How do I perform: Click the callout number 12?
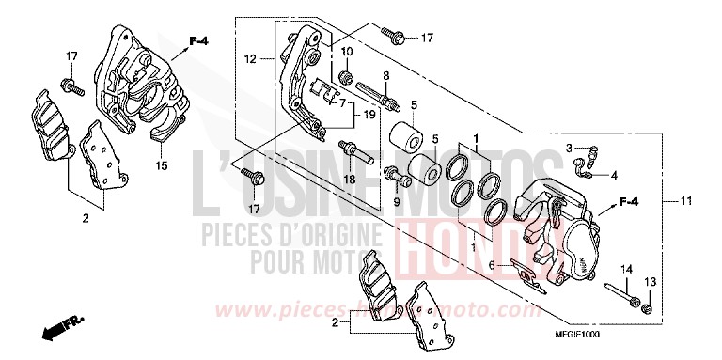[249, 59]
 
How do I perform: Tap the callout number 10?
[347, 51]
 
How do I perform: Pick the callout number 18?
[347, 179]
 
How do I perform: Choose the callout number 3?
[569, 149]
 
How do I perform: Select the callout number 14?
[625, 270]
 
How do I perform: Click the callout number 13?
[650, 283]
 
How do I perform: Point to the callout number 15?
[161, 165]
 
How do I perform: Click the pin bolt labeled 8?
[387, 98]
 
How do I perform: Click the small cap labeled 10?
[346, 73]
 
